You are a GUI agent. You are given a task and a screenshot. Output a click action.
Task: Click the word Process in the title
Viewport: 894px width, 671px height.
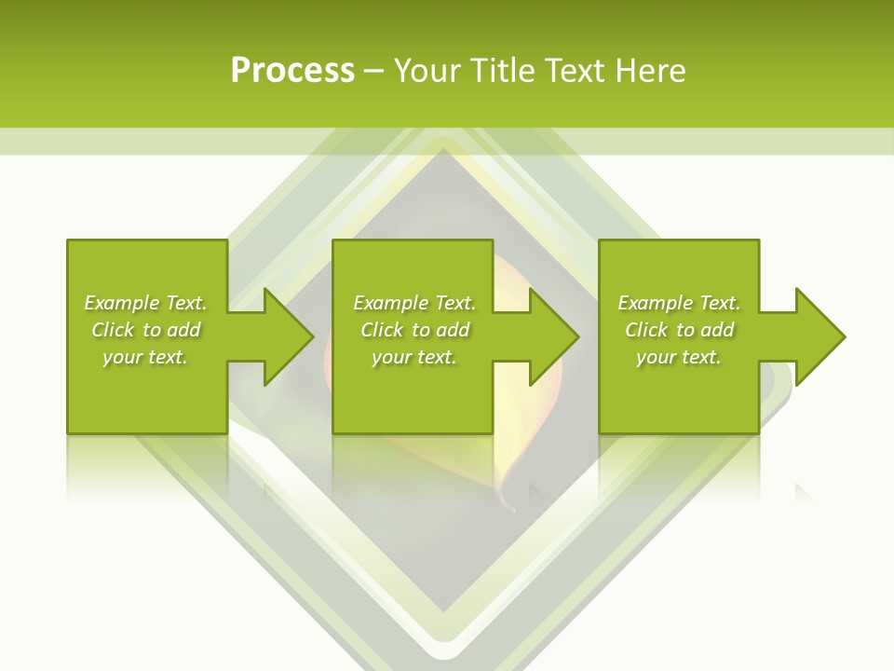point(292,71)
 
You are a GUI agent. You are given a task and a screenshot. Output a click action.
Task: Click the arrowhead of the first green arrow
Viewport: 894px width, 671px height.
point(289,336)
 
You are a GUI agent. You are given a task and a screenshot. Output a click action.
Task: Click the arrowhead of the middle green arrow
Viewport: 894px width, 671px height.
point(555,336)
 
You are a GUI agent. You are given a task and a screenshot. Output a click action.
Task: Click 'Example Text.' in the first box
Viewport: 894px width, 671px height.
point(145,303)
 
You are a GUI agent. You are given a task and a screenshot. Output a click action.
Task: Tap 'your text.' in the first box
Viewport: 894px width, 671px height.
point(145,357)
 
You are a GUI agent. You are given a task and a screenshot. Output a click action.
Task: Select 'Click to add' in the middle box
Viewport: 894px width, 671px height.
point(414,330)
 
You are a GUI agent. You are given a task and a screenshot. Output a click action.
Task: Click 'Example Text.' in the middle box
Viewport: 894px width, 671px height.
point(414,303)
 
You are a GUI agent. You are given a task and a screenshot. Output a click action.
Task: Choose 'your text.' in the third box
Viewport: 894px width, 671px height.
point(679,357)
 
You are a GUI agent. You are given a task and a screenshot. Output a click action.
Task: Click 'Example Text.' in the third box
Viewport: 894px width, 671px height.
point(679,303)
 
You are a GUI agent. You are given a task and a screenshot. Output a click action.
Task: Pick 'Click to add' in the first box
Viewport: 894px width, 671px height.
point(145,330)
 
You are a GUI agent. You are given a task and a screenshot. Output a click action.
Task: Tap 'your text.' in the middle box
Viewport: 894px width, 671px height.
point(414,357)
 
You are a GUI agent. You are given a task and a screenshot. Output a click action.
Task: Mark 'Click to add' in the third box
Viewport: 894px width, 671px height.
point(679,330)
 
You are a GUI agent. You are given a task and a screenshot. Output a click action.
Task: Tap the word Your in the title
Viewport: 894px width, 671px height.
point(427,71)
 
